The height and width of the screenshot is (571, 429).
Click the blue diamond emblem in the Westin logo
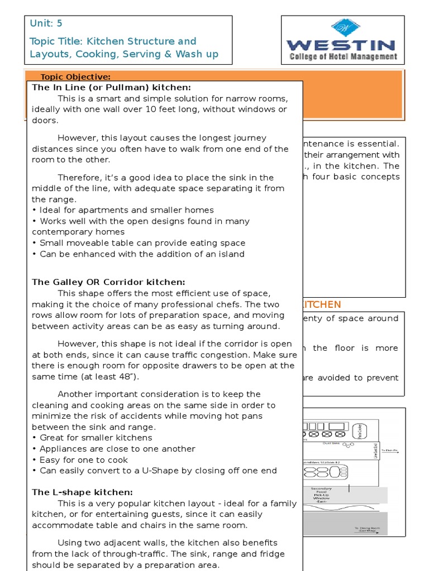tap(346, 27)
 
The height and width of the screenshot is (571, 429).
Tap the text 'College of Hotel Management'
tap(343, 56)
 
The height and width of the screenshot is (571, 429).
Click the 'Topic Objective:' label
tap(75, 77)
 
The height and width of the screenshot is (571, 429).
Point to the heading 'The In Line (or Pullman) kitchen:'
tap(111, 88)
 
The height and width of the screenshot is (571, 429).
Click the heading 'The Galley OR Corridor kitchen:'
tap(108, 282)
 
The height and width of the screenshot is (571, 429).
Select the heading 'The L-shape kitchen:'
tap(82, 492)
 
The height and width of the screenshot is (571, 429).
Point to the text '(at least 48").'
tap(112, 377)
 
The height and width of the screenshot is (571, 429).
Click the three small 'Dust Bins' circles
tap(349, 446)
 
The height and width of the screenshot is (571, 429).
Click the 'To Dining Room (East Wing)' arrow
tap(366, 531)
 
